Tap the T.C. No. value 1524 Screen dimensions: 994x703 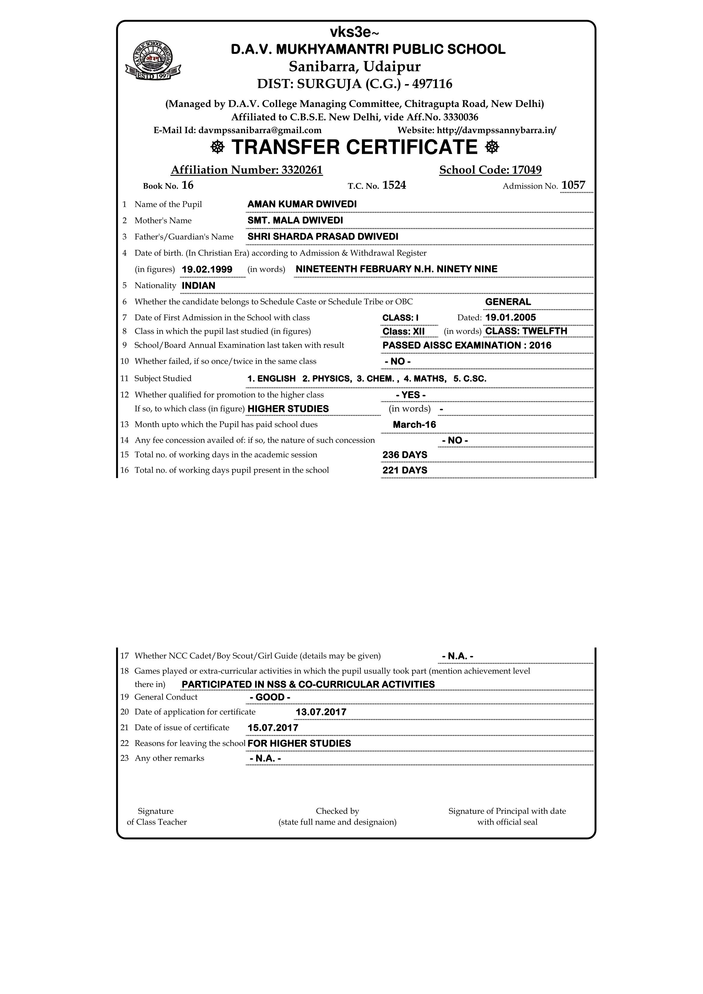(x=394, y=185)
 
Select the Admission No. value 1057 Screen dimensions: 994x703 (x=573, y=185)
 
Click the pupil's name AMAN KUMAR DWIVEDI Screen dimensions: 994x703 (x=302, y=204)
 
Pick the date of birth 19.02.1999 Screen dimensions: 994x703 (x=207, y=269)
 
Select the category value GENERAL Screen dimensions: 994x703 (x=508, y=302)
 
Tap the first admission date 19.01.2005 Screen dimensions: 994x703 (x=510, y=317)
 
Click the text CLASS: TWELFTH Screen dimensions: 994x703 (x=526, y=331)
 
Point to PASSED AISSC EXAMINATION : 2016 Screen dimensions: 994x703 (x=466, y=346)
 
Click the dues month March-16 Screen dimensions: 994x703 (x=414, y=425)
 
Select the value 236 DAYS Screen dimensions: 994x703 (x=405, y=455)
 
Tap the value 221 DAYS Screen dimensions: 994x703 (x=405, y=470)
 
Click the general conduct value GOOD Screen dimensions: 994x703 (x=270, y=697)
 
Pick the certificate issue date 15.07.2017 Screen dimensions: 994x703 (x=273, y=728)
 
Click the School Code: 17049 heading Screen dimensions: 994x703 (x=490, y=170)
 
